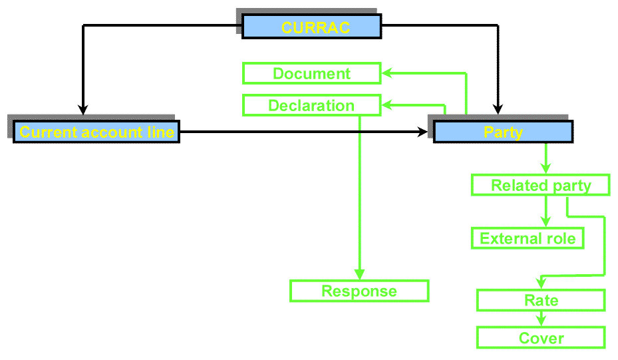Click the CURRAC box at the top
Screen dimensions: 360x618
311,27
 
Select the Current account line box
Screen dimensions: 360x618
96,132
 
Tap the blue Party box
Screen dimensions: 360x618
503,132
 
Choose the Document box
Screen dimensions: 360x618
311,73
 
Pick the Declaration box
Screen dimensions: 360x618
311,105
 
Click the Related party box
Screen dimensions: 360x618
540,186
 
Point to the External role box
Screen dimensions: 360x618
528,238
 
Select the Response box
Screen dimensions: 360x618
359,291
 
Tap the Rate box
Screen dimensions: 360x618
541,300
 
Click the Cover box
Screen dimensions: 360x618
541,338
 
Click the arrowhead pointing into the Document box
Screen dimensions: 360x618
386,73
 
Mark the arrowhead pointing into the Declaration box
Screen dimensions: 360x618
386,105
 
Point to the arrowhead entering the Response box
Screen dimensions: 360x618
359,273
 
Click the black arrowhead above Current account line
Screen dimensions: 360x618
82,109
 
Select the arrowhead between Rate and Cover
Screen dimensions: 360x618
541,320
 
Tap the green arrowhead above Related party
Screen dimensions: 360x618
545,169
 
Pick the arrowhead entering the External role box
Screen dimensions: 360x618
545,222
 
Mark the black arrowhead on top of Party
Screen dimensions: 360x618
497,109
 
